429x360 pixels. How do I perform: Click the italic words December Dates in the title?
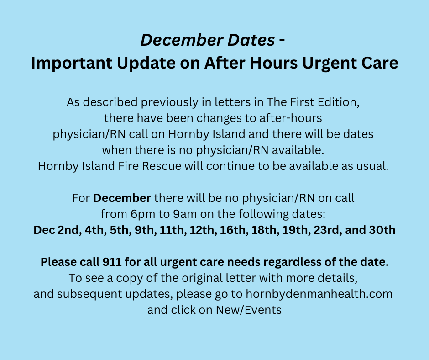click(207, 41)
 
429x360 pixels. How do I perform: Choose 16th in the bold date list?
click(232, 230)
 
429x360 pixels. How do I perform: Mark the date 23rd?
click(327, 230)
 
